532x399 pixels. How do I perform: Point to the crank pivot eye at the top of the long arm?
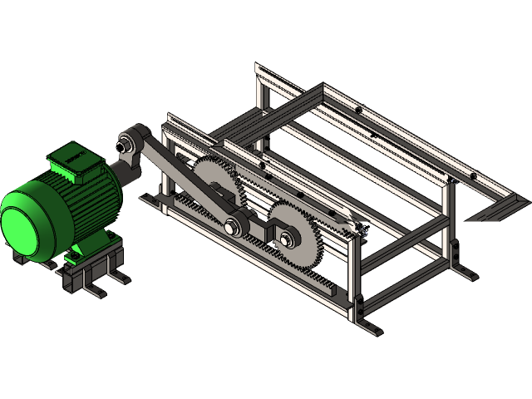[131, 136]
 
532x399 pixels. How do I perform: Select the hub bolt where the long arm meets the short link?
[233, 223]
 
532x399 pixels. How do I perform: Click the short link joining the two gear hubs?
[259, 232]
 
